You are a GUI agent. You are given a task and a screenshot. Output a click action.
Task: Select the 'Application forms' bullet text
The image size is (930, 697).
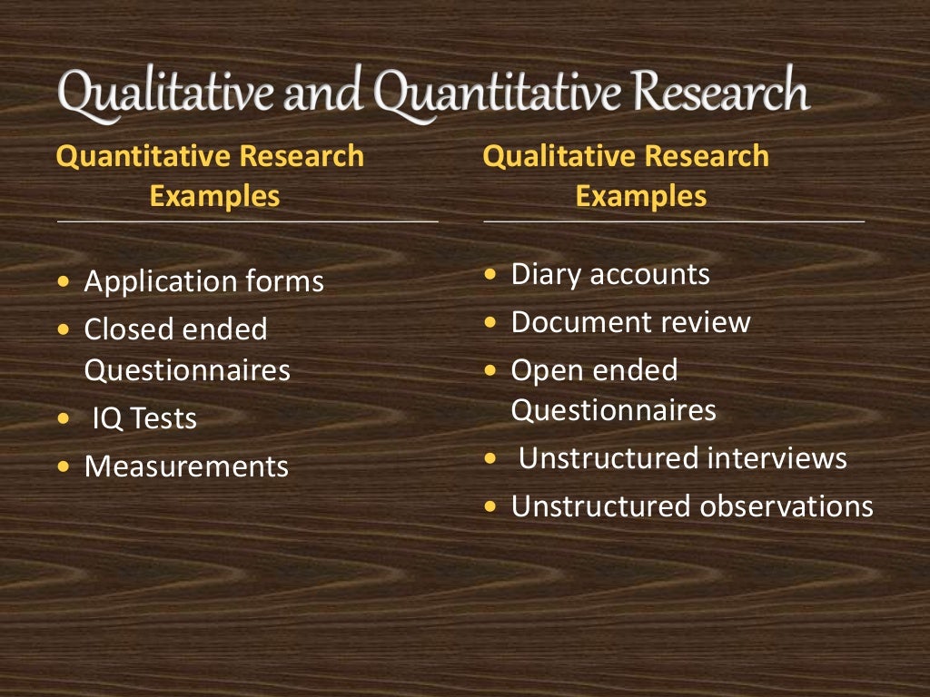point(203,281)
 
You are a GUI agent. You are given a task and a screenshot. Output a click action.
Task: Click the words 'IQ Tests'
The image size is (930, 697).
point(144,418)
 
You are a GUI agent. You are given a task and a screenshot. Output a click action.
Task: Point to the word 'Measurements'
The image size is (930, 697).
point(186,466)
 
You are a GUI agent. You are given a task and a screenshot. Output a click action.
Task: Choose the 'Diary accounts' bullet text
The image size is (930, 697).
point(610,274)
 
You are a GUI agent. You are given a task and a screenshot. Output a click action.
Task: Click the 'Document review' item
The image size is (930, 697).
point(630,322)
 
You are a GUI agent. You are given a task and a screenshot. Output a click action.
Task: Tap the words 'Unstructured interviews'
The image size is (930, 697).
point(682,458)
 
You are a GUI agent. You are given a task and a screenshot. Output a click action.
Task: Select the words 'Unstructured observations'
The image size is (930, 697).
point(692,506)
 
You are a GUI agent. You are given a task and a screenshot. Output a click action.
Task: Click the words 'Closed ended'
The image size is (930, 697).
point(175,329)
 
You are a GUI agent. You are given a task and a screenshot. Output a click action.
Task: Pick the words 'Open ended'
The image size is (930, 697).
point(594,370)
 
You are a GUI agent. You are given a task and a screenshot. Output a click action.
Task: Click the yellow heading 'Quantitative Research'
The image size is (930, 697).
point(210,156)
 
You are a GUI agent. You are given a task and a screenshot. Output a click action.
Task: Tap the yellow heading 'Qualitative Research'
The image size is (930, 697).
point(626,156)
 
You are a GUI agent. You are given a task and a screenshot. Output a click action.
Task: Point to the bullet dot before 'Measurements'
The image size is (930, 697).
point(63,467)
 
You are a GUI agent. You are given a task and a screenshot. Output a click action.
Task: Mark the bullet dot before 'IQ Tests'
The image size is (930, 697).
point(63,419)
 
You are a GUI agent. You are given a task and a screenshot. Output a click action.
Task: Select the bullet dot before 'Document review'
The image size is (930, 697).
point(490,322)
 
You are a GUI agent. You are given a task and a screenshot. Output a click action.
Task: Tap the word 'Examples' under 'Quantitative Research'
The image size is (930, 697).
point(215,197)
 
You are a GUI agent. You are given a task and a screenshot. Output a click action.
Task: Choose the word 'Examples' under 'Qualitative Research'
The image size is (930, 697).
point(641,197)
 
